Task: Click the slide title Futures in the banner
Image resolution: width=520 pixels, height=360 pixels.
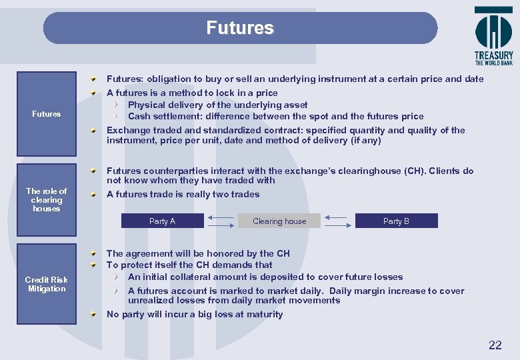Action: pyautogui.click(x=240, y=28)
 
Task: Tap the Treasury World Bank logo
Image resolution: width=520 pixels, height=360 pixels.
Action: pyautogui.click(x=493, y=37)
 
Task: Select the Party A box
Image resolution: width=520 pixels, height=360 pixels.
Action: pyautogui.click(x=162, y=221)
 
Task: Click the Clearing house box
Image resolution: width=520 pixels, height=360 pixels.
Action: pyautogui.click(x=279, y=221)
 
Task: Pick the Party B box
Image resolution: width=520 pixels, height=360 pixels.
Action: pyautogui.click(x=396, y=221)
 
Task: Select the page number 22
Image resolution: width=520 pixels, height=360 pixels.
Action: pyautogui.click(x=495, y=345)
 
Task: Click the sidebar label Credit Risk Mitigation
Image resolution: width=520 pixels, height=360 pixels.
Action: pyautogui.click(x=47, y=284)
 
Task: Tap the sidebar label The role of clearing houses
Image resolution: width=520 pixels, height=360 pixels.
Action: pyautogui.click(x=47, y=200)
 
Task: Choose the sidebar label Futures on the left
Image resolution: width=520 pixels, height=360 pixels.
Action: pyautogui.click(x=47, y=114)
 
